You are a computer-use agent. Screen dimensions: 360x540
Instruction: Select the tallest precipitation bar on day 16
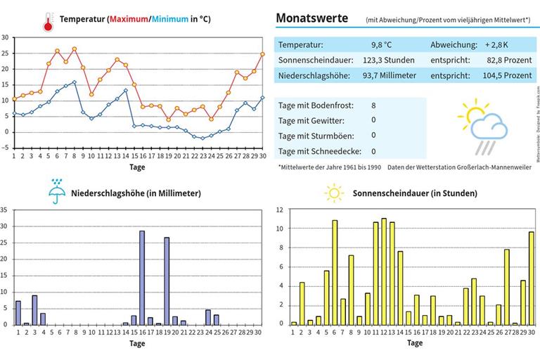142,277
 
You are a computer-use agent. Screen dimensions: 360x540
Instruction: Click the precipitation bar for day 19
167,281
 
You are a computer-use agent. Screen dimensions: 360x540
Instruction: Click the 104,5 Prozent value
509,75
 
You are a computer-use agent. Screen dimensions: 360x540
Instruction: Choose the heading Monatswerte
311,18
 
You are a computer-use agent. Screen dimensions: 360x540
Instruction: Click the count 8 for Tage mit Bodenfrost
373,105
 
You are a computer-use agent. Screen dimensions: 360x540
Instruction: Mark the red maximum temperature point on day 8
75,49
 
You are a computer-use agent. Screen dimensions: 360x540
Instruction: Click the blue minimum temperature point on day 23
202,138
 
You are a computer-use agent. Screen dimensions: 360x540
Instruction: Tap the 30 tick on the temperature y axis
5,37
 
